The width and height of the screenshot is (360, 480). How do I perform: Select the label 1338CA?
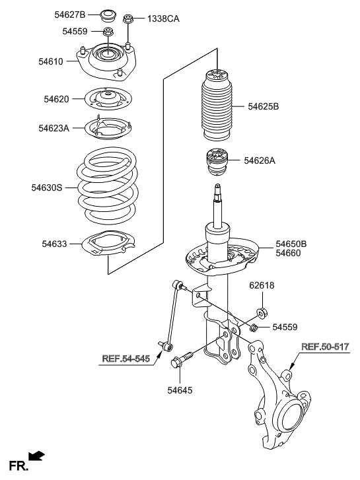click(161, 18)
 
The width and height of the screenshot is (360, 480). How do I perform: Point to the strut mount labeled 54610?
click(104, 59)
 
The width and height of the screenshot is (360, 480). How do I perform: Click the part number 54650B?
click(291, 243)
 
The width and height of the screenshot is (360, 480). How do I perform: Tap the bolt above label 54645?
click(182, 360)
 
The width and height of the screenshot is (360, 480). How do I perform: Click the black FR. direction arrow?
click(38, 456)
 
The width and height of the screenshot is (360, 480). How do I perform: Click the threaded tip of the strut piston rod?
click(217, 192)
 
